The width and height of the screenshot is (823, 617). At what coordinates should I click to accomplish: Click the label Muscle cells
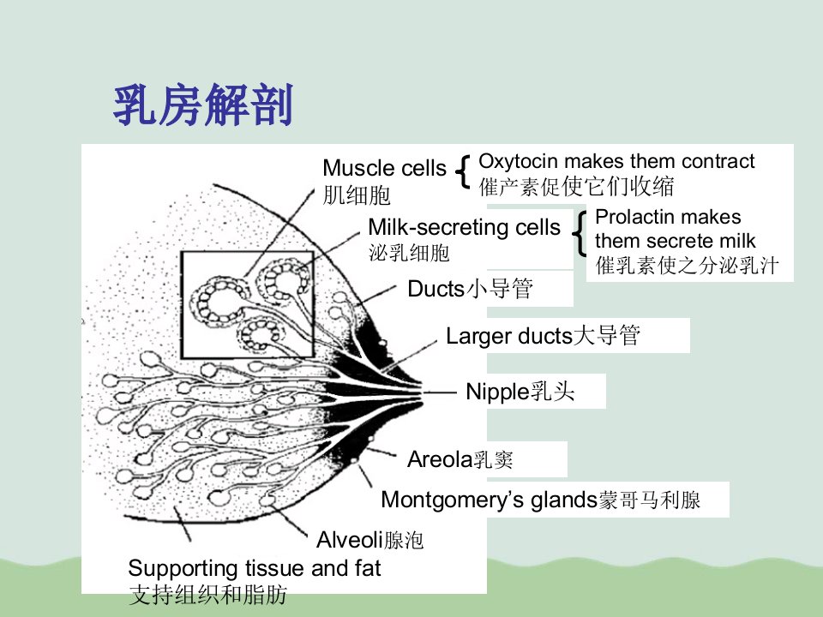(x=384, y=168)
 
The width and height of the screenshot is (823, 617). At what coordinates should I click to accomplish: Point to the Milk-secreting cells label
(x=465, y=227)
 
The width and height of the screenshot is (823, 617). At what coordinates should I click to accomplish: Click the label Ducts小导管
(x=471, y=289)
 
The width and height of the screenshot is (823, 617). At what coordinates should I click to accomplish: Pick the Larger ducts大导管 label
(x=543, y=336)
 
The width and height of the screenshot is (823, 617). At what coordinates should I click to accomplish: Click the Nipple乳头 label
(x=520, y=392)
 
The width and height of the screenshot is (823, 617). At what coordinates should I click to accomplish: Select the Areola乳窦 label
(x=460, y=459)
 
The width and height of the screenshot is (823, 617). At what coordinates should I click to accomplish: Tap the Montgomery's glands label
(x=541, y=500)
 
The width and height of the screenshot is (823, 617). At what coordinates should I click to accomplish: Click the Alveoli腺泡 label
(x=370, y=539)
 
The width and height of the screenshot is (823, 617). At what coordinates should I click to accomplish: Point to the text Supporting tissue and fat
(x=254, y=567)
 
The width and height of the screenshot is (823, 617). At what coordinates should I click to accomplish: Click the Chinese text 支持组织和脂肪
(x=207, y=595)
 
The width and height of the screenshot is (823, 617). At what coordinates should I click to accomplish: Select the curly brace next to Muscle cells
(x=462, y=171)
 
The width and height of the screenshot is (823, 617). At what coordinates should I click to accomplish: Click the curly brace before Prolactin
(x=580, y=234)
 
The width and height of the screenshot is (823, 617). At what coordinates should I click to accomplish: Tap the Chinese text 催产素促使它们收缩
(x=576, y=187)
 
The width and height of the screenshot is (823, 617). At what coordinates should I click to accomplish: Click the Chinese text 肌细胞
(x=357, y=195)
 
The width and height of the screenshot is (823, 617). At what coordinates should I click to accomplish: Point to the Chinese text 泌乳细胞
(x=409, y=253)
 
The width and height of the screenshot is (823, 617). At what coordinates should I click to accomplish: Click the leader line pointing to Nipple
(x=440, y=392)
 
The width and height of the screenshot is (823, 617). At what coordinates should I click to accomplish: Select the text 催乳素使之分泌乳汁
(x=687, y=266)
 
